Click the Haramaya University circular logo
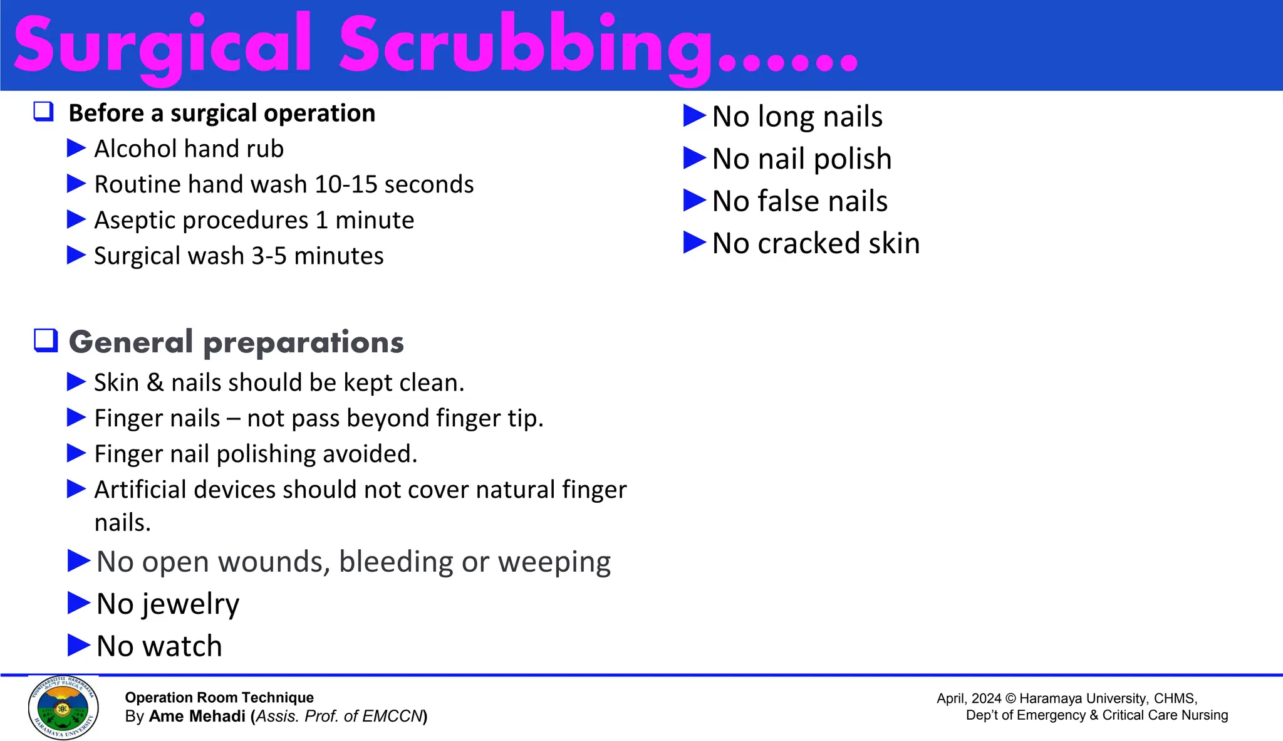pyautogui.click(x=63, y=708)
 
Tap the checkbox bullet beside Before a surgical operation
pyautogui.click(x=43, y=112)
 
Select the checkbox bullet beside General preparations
pyautogui.click(x=46, y=340)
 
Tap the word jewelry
pyautogui.click(x=190, y=604)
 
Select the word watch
pyautogui.click(x=182, y=646)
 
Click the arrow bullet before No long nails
pyautogui.click(x=694, y=116)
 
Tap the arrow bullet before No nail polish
pyautogui.click(x=694, y=158)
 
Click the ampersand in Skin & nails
pyautogui.click(x=155, y=382)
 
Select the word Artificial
pyautogui.click(x=141, y=490)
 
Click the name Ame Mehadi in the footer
pyautogui.click(x=197, y=717)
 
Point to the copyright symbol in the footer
pyautogui.click(x=1010, y=699)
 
